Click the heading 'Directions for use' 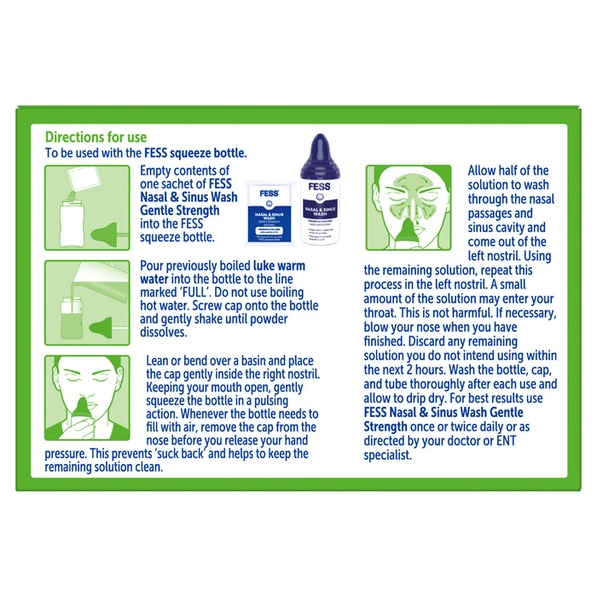(x=96, y=137)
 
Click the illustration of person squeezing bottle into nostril (x=81, y=397)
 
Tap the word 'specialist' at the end (x=388, y=455)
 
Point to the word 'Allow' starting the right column (x=485, y=171)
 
